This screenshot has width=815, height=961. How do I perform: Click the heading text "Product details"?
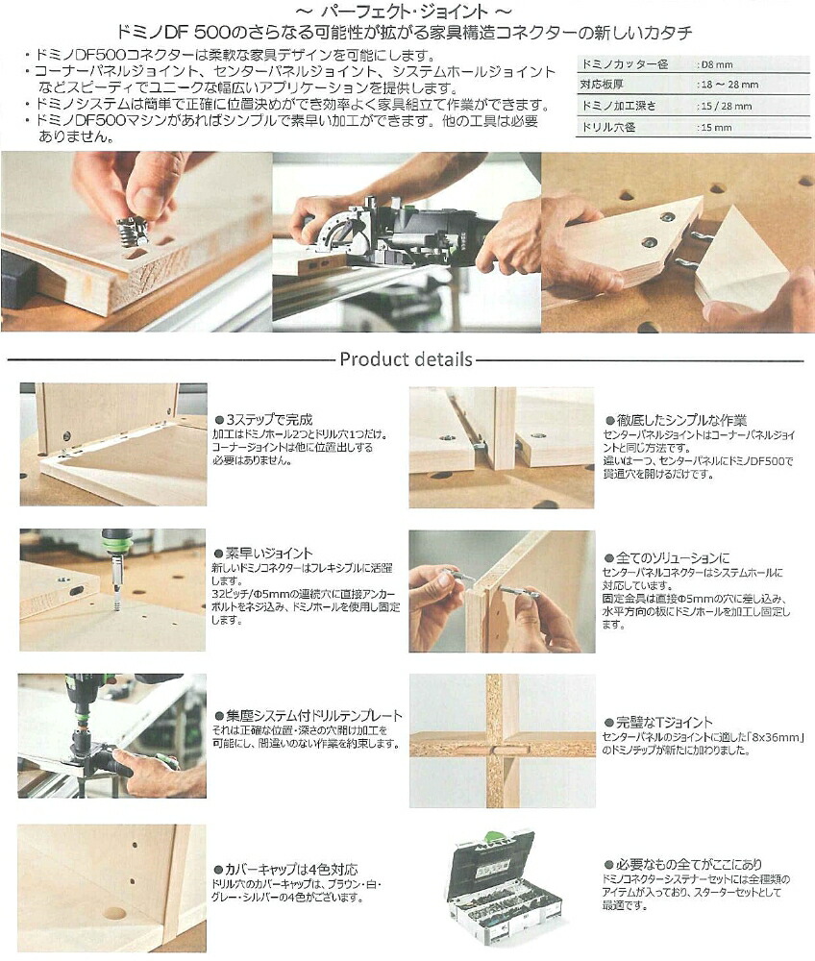(406, 360)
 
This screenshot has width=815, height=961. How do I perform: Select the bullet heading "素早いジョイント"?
(268, 553)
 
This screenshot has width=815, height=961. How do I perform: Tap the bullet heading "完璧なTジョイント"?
(664, 722)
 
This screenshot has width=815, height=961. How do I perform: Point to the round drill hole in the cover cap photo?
(114, 913)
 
